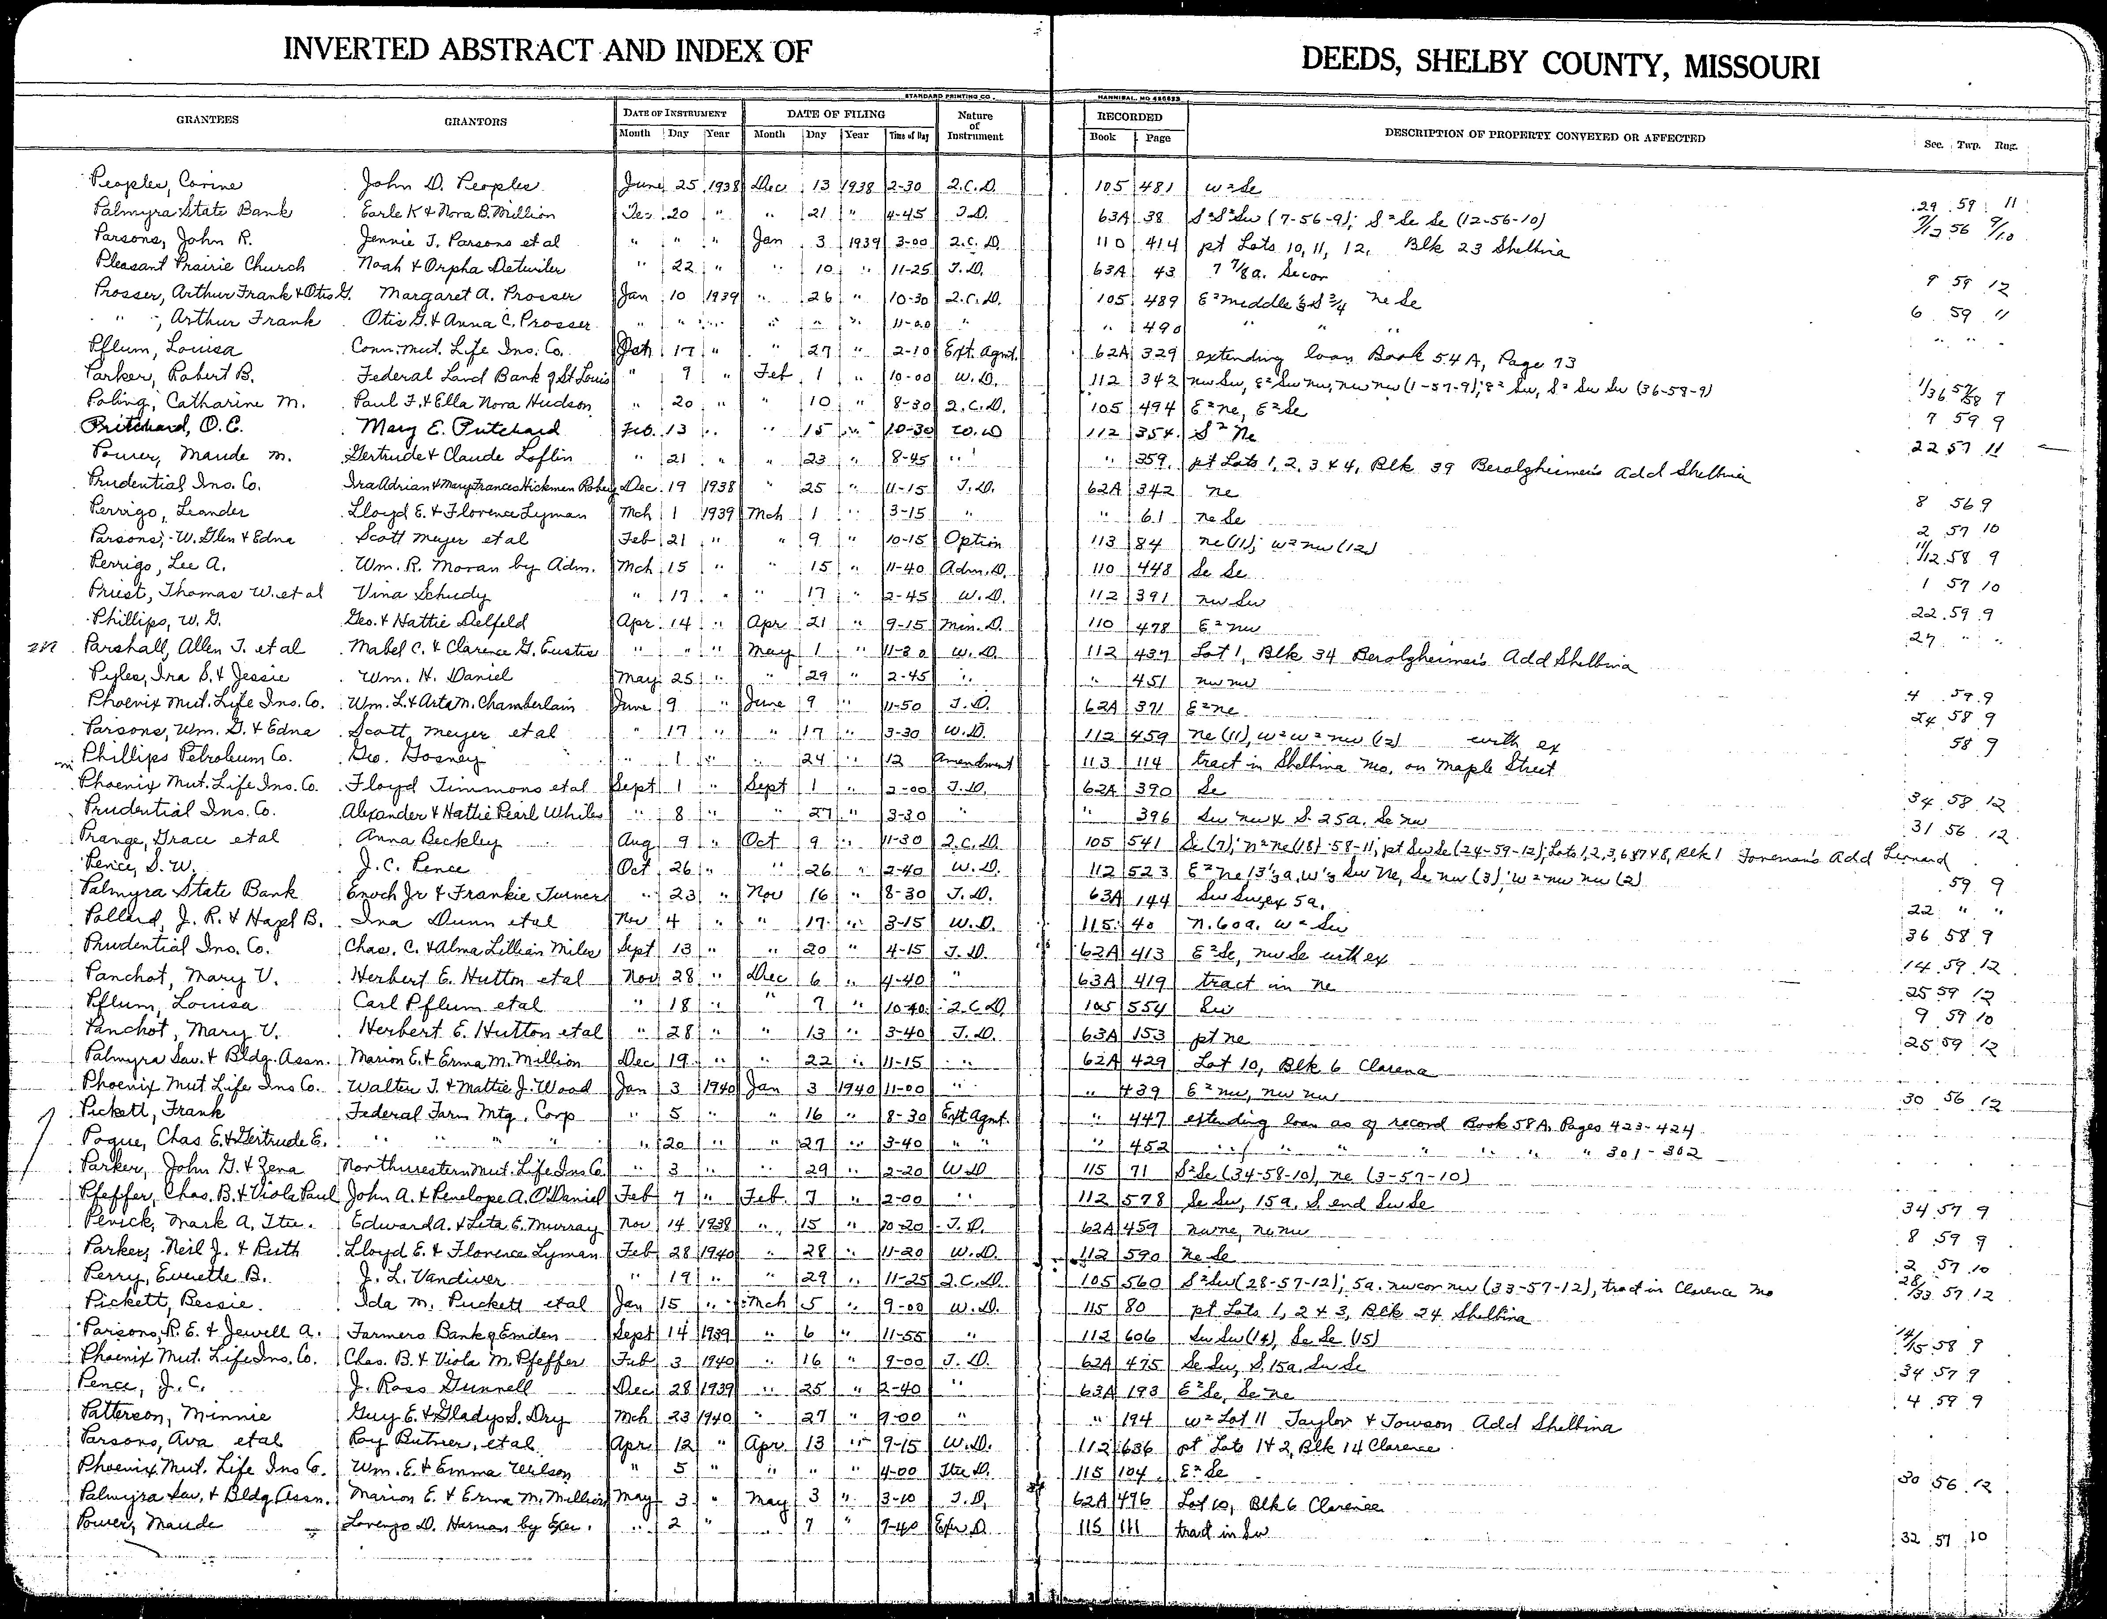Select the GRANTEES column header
pos(207,120)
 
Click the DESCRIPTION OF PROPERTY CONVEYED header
pos(1544,137)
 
